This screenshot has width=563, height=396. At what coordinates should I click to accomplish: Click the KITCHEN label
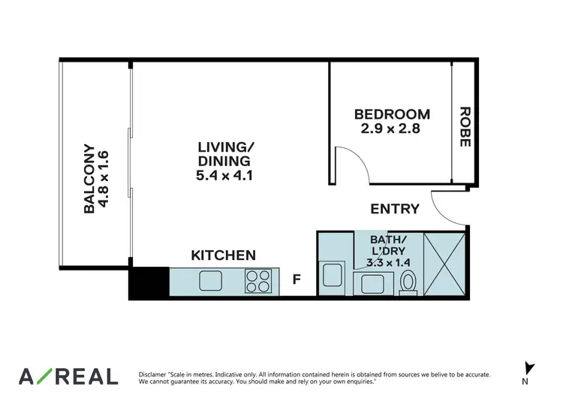pyautogui.click(x=224, y=255)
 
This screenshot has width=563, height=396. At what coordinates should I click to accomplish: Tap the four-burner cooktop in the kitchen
pyautogui.click(x=258, y=281)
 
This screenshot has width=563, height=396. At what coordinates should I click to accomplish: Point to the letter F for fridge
pyautogui.click(x=297, y=280)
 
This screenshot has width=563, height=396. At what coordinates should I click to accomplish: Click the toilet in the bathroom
pyautogui.click(x=408, y=282)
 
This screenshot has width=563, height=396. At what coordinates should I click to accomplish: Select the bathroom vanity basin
pyautogui.click(x=369, y=284)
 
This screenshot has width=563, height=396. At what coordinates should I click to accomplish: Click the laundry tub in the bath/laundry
pyautogui.click(x=331, y=275)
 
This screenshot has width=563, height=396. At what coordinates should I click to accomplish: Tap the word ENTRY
pyautogui.click(x=395, y=208)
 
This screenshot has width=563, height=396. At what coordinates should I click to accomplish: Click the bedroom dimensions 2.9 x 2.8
pyautogui.click(x=392, y=128)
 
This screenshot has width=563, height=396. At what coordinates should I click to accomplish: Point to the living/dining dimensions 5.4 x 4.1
pyautogui.click(x=224, y=175)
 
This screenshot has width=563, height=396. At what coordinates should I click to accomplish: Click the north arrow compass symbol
pyautogui.click(x=530, y=368)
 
